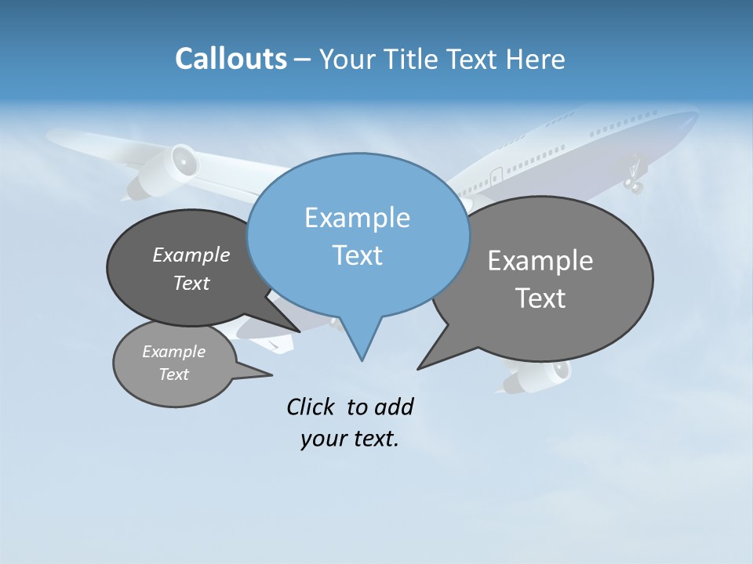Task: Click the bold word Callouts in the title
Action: [x=231, y=59]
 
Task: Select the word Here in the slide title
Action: [x=536, y=60]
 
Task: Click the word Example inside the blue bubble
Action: [x=358, y=218]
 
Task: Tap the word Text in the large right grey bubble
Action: [x=541, y=298]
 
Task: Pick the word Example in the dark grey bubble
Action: [x=191, y=255]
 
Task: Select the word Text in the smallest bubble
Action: [x=174, y=374]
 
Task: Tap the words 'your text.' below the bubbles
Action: [x=350, y=439]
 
